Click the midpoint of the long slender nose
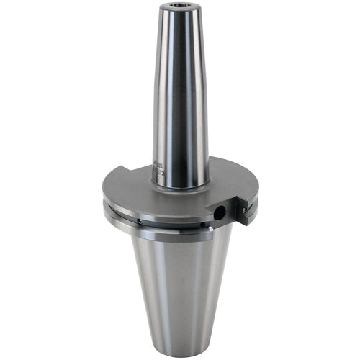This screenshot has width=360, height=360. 180,94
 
